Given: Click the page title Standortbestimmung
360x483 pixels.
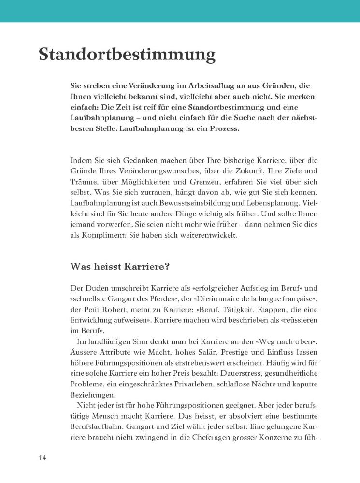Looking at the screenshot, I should (x=127, y=54).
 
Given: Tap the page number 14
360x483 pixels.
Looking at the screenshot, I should (x=43, y=458).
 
